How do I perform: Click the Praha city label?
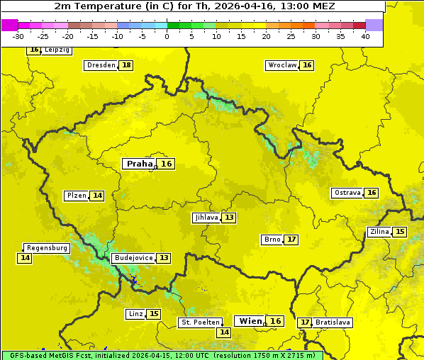coord(139,164)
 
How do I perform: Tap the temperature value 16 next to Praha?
coord(166,164)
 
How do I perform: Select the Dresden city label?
coord(101,65)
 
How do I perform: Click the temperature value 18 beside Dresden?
coord(126,65)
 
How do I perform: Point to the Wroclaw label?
coord(281,65)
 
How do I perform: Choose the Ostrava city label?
coord(347,193)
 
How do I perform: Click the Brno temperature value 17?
coord(291,240)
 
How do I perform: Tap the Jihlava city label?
coord(206,218)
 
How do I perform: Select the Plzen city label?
coord(76,196)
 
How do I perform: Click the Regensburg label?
coord(47,248)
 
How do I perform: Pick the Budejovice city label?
coord(133,258)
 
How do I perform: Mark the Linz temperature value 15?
coord(154,314)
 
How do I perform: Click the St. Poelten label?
coord(200,322)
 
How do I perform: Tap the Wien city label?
coord(250,321)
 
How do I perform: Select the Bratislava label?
coord(333,322)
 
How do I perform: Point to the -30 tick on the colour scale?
coord(18,36)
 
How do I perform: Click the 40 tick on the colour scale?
coord(365,36)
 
